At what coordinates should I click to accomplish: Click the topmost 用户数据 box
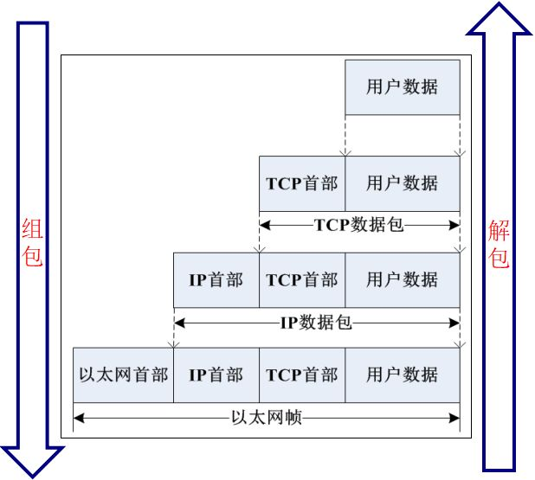[x=402, y=87]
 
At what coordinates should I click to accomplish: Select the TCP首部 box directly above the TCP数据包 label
[x=302, y=183]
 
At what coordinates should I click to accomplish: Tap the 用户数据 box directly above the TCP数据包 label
[x=402, y=183]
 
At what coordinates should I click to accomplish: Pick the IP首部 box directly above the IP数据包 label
[x=216, y=279]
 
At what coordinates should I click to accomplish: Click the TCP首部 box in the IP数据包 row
[x=302, y=279]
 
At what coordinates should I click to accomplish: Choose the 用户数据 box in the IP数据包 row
[x=402, y=279]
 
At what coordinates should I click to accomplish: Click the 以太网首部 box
[x=123, y=375]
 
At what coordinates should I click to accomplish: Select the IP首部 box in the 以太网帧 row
[x=216, y=375]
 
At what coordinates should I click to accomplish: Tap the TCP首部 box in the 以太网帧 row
[x=302, y=375]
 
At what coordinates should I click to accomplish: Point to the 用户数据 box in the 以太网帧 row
[x=402, y=375]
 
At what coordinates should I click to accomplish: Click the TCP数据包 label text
[x=358, y=225]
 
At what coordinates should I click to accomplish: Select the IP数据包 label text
[x=316, y=323]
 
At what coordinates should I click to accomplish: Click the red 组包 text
[x=32, y=243]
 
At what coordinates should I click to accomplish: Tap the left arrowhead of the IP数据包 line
[x=179, y=323]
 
